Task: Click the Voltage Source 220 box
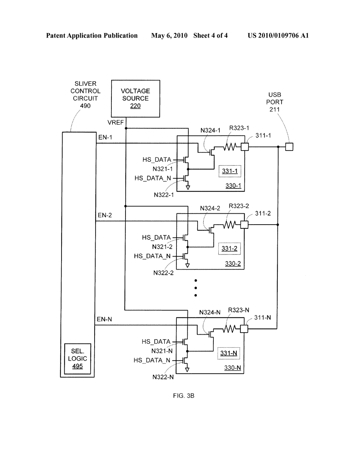click(x=135, y=98)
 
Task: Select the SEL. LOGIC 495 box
click(x=77, y=359)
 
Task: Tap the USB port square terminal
click(x=289, y=147)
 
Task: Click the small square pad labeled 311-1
click(x=245, y=147)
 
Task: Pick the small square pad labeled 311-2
click(x=244, y=225)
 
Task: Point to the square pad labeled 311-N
click(x=244, y=329)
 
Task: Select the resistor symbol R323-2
click(x=229, y=225)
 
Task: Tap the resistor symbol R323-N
click(x=229, y=329)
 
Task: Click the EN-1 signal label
click(x=105, y=137)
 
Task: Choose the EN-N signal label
click(x=104, y=320)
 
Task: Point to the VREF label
click(x=116, y=122)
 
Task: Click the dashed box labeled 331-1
click(x=230, y=171)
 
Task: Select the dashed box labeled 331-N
click(x=229, y=353)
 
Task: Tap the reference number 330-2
click(x=233, y=264)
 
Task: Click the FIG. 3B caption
click(x=184, y=396)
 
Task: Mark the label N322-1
click(x=164, y=195)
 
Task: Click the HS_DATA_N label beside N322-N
click(x=152, y=360)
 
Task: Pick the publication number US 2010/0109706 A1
click(x=278, y=36)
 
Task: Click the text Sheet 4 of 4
click(x=210, y=36)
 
